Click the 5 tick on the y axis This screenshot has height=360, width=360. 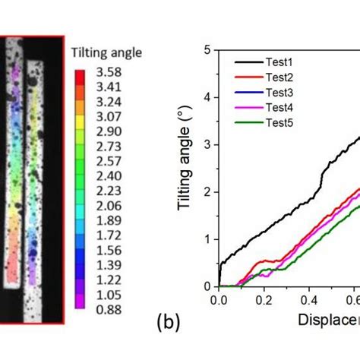(x=207, y=50)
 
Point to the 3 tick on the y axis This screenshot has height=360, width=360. (x=207, y=144)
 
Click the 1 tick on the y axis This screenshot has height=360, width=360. (x=207, y=239)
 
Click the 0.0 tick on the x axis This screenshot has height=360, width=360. (x=218, y=300)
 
